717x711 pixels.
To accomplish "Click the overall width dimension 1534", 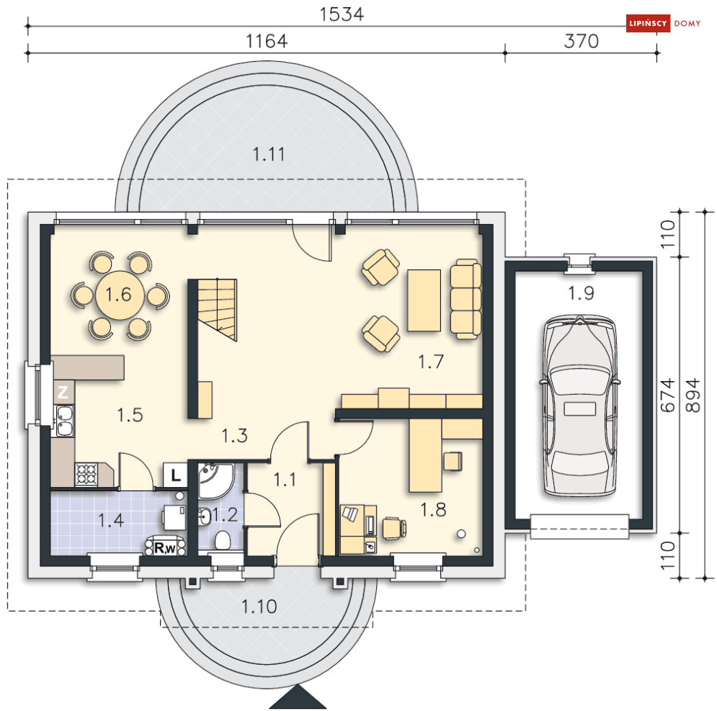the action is (x=341, y=14).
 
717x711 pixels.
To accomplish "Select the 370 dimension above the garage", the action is (x=582, y=41).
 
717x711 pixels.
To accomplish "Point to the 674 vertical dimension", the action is (x=668, y=395).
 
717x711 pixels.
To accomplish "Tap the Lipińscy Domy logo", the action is (x=664, y=23).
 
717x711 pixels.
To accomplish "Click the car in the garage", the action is (x=580, y=405).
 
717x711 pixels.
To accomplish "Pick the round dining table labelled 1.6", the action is (x=120, y=295).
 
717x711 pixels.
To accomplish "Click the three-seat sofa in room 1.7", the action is (x=466, y=300).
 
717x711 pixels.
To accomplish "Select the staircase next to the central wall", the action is (x=217, y=310).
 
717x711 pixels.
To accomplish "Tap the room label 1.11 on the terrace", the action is (x=269, y=155).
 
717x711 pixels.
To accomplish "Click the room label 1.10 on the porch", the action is (x=259, y=607).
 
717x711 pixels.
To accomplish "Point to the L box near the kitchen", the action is (x=176, y=475).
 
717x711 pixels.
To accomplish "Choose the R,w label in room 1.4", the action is (x=165, y=547).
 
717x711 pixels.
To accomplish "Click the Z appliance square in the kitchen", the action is (x=63, y=392).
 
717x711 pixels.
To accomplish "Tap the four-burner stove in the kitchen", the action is (x=86, y=474).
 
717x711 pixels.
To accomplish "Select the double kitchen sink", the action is (x=64, y=421).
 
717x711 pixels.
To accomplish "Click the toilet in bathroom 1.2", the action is (x=222, y=540).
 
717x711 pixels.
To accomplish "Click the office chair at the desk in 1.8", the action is (x=393, y=528).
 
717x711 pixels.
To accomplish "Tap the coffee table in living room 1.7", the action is (x=424, y=300).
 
